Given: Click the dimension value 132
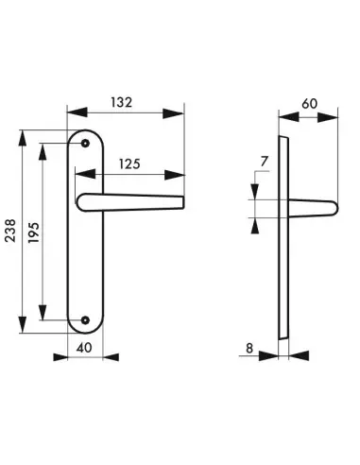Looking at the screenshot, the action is [121, 102].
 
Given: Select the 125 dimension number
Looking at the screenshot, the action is [129, 164].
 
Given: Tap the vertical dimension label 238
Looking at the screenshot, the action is [10, 231].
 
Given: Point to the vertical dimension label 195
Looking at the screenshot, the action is [34, 232].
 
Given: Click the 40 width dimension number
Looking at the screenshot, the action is [84, 348].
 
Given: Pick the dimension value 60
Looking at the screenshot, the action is [310, 104].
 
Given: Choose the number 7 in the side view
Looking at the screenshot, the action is [264, 162].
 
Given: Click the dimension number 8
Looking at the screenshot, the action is [249, 349].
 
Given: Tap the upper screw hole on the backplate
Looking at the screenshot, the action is [85, 144].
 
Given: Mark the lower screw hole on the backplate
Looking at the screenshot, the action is [85, 320].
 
